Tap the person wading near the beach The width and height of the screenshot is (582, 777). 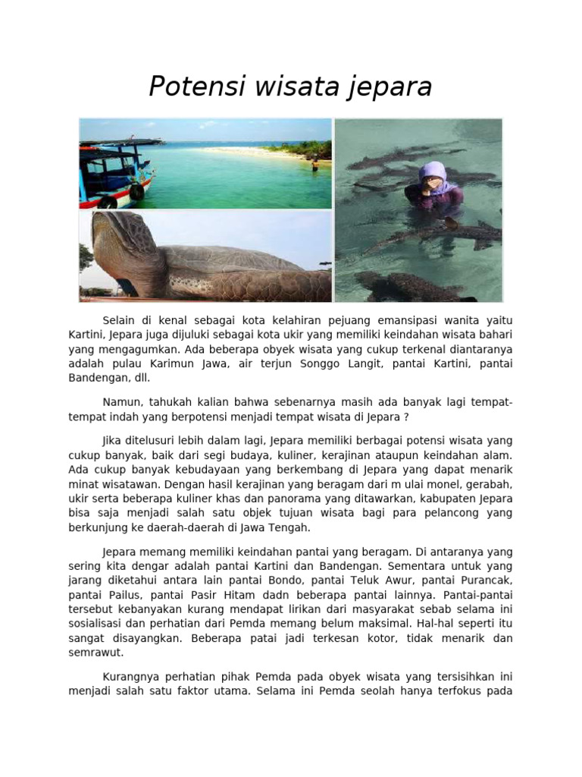[314, 162]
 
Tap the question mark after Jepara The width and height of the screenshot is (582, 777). [406, 417]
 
